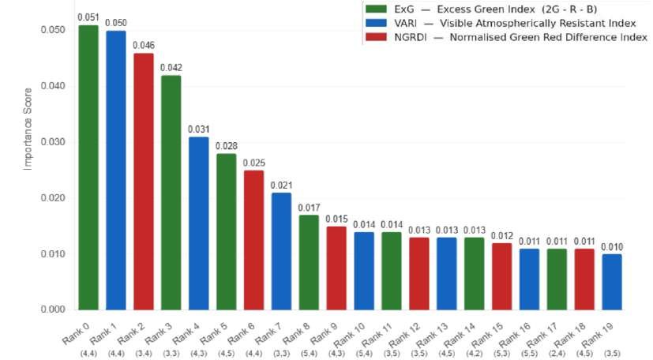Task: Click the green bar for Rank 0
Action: pos(88,167)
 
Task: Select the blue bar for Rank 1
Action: pos(116,171)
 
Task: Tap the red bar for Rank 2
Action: pos(143,182)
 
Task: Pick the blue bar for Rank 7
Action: pos(281,251)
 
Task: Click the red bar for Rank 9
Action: pos(336,268)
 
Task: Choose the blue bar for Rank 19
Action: pos(611,282)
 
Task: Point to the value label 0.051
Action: pos(88,17)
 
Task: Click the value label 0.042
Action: pos(171,67)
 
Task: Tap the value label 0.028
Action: pos(226,146)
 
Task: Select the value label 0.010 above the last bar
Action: pos(611,247)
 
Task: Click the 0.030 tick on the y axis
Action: pos(53,142)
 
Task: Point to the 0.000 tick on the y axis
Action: pos(53,309)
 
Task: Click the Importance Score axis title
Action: pos(28,129)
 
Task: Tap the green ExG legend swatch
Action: pos(376,9)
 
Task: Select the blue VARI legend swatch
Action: pos(376,23)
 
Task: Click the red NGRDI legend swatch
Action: pos(376,37)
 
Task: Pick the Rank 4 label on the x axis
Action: pos(186,334)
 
